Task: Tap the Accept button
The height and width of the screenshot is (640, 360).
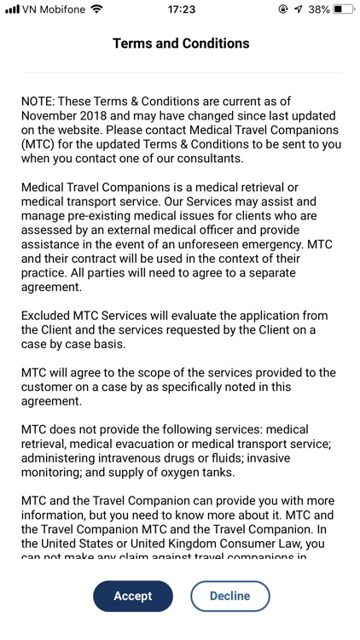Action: [x=132, y=596]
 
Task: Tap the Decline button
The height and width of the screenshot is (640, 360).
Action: [x=229, y=596]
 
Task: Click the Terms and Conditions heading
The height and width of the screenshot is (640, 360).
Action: [x=181, y=44]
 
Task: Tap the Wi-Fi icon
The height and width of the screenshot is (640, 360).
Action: [x=96, y=10]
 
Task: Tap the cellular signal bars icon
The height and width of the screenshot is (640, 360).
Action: [x=12, y=10]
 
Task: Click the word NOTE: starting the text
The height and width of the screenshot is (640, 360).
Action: [x=39, y=101]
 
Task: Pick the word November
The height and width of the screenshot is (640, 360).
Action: [x=50, y=115]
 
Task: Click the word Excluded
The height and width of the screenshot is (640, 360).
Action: [x=49, y=316]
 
